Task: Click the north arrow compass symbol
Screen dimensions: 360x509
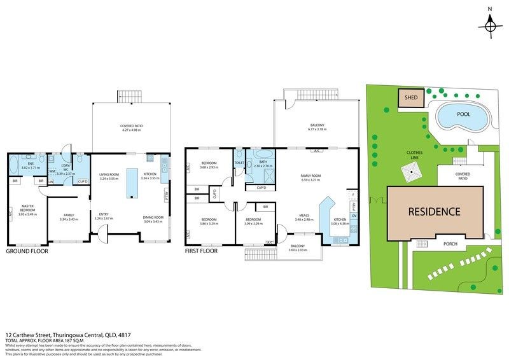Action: click(x=489, y=25)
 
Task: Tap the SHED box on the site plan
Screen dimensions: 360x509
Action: click(x=408, y=98)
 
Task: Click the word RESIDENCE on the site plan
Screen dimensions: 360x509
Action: click(x=435, y=212)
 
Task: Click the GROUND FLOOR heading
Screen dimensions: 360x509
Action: click(x=26, y=251)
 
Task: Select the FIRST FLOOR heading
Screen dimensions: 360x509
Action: click(x=201, y=251)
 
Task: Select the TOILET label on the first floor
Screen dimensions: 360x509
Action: click(x=239, y=162)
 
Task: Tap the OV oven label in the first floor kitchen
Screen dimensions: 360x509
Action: click(x=353, y=216)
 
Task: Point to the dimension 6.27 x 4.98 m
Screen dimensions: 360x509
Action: click(x=131, y=130)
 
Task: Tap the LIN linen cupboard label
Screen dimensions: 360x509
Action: click(x=50, y=182)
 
